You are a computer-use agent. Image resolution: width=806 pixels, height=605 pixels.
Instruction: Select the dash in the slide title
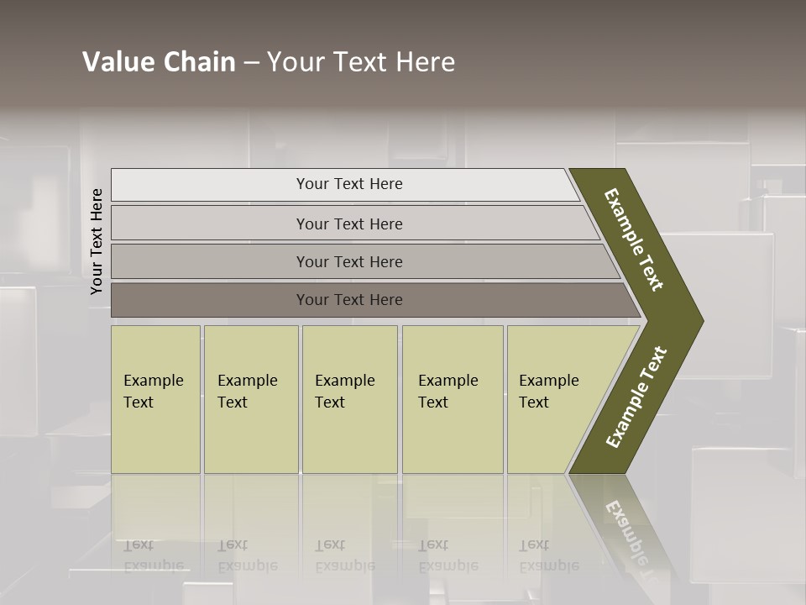pyautogui.click(x=251, y=63)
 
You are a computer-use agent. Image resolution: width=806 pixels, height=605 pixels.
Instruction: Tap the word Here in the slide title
pyautogui.click(x=425, y=62)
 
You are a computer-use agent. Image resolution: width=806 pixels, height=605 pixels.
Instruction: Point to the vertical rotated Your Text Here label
pyautogui.click(x=97, y=241)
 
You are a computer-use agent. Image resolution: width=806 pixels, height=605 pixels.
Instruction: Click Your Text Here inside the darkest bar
pyautogui.click(x=349, y=300)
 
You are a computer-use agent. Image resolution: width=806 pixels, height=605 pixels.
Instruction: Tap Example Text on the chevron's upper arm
pyautogui.click(x=634, y=239)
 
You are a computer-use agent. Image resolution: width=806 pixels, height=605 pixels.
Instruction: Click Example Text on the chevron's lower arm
pyautogui.click(x=636, y=397)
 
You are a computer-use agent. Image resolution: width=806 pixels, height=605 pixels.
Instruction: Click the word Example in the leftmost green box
pyautogui.click(x=153, y=381)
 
